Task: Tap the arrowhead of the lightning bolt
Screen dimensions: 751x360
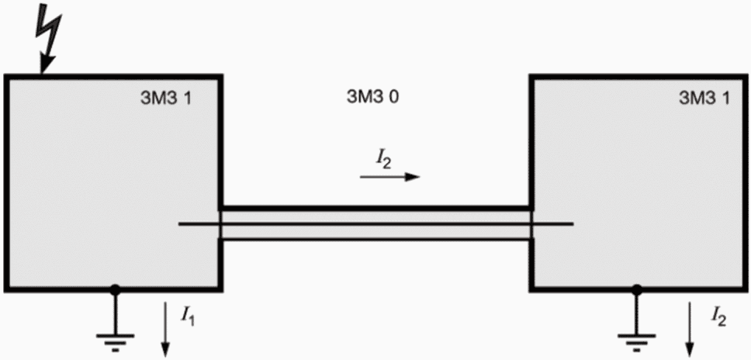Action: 46,64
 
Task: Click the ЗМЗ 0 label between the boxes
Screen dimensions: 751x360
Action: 372,97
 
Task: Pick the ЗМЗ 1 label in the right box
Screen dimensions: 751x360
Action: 704,98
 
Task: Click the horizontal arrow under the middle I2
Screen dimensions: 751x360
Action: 390,177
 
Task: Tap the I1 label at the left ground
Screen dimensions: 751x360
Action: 187,317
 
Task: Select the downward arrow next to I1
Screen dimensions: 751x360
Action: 165,330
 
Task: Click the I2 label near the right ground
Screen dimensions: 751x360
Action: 718,316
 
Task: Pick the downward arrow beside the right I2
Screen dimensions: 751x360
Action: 690,330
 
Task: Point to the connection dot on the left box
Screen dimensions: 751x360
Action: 115,289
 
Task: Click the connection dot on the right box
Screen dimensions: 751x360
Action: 636,289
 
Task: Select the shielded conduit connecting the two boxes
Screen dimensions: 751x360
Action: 376,223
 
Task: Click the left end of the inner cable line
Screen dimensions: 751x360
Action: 180,223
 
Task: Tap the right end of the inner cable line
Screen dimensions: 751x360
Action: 573,223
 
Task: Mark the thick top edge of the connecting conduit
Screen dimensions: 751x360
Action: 376,208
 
